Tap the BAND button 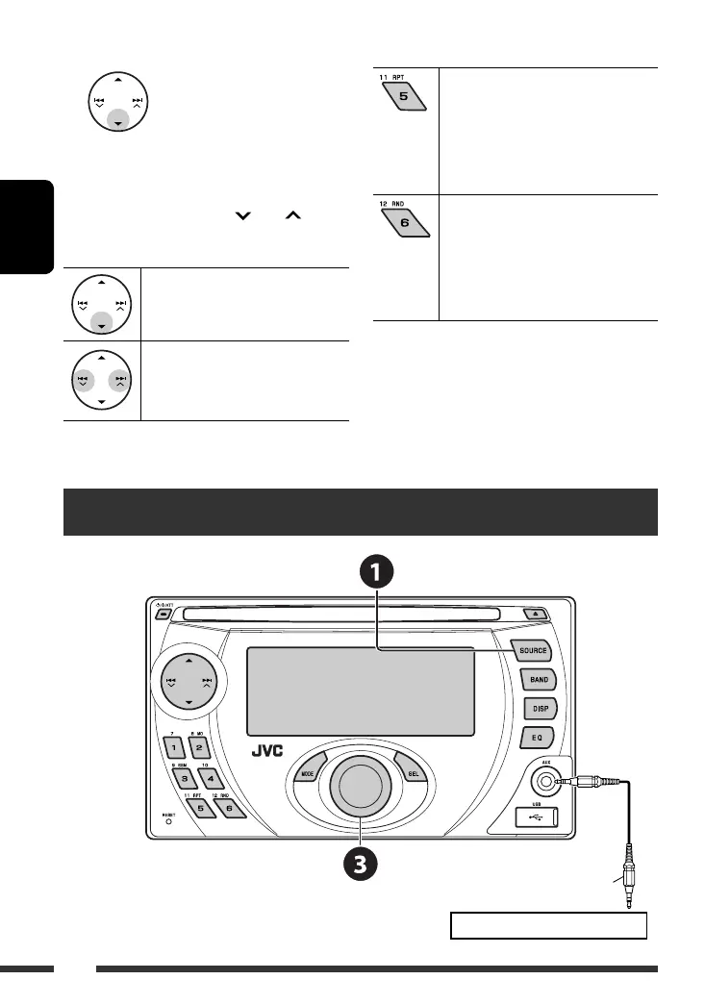(538, 679)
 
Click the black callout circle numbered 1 (377, 574)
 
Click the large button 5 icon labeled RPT (405, 97)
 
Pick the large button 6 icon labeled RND (405, 223)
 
